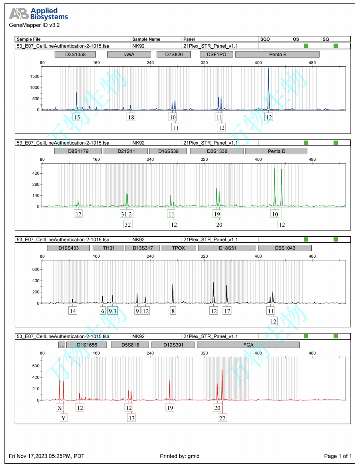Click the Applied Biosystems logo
click(38, 14)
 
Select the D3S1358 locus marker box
click(75, 54)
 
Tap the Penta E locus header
click(277, 54)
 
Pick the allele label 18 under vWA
click(131, 117)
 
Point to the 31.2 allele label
click(127, 215)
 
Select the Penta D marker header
click(276, 151)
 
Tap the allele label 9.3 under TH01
click(112, 311)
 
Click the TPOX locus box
click(178, 248)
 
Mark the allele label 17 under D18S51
click(227, 311)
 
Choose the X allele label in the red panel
click(60, 408)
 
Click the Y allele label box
click(63, 418)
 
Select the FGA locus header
click(248, 345)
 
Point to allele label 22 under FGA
click(222, 418)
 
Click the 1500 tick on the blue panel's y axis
click(34, 76)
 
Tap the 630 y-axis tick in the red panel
click(35, 366)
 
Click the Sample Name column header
click(146, 39)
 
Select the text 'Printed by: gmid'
click(180, 456)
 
